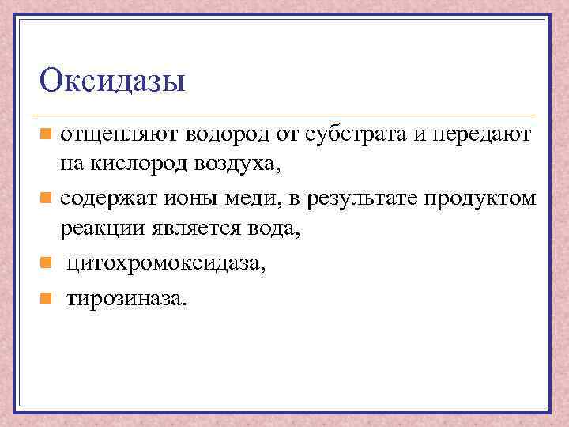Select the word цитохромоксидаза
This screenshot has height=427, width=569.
tap(166, 263)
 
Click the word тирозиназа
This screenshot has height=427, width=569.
tap(127, 297)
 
